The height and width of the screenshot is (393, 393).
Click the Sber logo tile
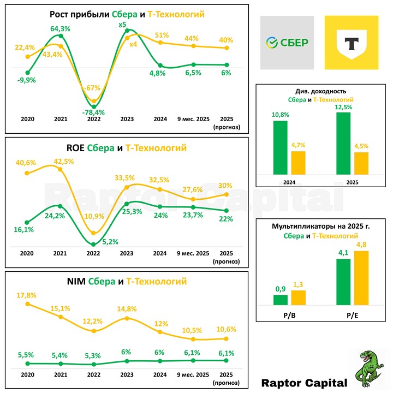point(287,43)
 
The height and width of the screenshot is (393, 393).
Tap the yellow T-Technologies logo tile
point(352,43)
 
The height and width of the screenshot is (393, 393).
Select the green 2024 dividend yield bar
point(280,147)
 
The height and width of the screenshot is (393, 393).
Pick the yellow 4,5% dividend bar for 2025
point(361,163)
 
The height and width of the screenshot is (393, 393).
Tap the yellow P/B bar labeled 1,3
point(298,297)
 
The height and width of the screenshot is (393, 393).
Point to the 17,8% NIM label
point(27,295)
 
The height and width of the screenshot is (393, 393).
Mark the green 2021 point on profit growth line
point(60,37)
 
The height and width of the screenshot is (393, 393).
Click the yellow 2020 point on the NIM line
point(27,304)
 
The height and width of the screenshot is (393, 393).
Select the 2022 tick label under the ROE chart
point(94,253)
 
